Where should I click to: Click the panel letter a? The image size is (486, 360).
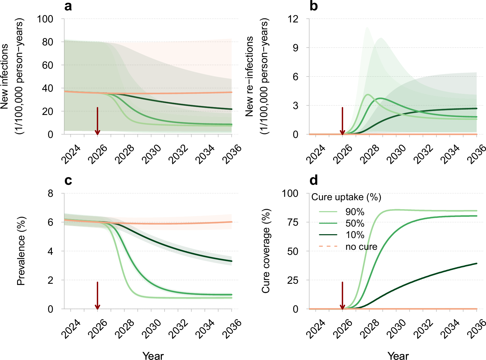pyautogui.click(x=68, y=6)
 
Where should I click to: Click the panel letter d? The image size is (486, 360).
pyautogui.click(x=313, y=181)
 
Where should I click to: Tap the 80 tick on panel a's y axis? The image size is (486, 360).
pyautogui.click(x=45, y=42)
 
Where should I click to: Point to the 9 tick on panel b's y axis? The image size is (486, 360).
pyautogui.click(x=295, y=48)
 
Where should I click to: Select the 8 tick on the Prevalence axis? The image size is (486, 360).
pyautogui.click(x=50, y=193)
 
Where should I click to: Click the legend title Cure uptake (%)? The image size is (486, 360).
pyautogui.click(x=346, y=197)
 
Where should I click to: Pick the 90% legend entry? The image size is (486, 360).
pyautogui.click(x=355, y=212)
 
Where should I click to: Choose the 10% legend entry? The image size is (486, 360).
pyautogui.click(x=355, y=235)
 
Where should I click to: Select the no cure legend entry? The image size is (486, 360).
pyautogui.click(x=361, y=247)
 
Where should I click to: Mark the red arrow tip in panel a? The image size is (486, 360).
pyautogui.click(x=97, y=134)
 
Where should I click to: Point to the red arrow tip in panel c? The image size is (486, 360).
pyautogui.click(x=97, y=308)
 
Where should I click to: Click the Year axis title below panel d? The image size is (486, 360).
pyautogui.click(x=398, y=356)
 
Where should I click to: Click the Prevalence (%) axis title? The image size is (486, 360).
pyautogui.click(x=21, y=251)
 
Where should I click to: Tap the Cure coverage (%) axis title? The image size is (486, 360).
pyautogui.click(x=266, y=251)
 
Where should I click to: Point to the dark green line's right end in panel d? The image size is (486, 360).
pyautogui.click(x=476, y=264)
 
